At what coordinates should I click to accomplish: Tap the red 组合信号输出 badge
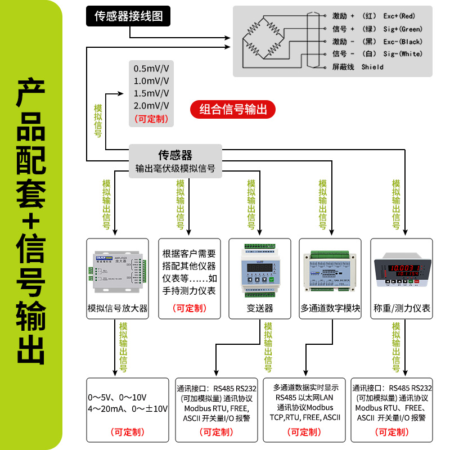point(233,109)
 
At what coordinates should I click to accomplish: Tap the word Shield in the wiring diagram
point(372,67)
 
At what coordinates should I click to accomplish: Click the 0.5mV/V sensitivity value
point(151,69)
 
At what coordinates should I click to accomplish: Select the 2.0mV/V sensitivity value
point(151,106)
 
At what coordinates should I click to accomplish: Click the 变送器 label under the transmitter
point(260,308)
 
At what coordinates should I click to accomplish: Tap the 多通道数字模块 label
point(330,308)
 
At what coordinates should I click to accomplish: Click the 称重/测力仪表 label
point(402,308)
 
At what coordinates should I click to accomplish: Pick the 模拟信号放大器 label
point(117,308)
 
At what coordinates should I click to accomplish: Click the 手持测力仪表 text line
point(189,291)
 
